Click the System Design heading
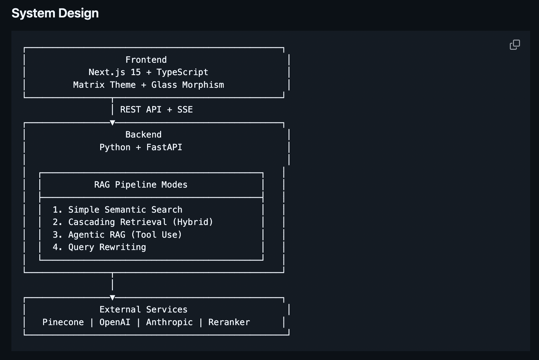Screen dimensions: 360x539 (x=55, y=13)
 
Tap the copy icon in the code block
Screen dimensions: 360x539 (x=515, y=45)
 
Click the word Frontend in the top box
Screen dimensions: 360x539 (x=146, y=60)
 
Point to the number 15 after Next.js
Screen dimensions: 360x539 (x=136, y=72)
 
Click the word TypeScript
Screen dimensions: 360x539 (x=182, y=72)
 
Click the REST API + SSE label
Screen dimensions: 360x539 (x=156, y=110)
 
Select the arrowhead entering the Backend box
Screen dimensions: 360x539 (x=112, y=123)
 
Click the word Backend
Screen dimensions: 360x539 (x=143, y=135)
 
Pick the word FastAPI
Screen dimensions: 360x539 (x=164, y=147)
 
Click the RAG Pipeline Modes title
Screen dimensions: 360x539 (x=141, y=185)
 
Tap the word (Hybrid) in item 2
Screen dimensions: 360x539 (x=193, y=222)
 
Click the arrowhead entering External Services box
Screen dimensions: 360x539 (x=112, y=298)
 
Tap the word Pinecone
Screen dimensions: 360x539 (x=63, y=322)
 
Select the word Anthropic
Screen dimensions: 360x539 (x=169, y=322)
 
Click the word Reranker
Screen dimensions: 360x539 (x=229, y=322)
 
